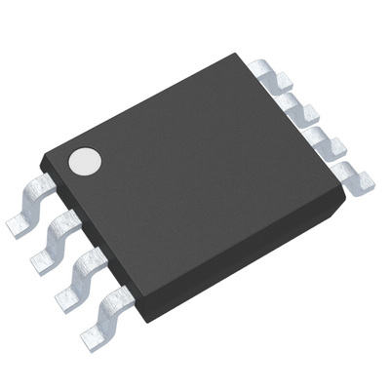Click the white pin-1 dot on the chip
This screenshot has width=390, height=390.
(85, 161)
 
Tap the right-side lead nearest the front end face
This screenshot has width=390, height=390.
(347, 173)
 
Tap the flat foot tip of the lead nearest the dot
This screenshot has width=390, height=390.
(19, 227)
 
